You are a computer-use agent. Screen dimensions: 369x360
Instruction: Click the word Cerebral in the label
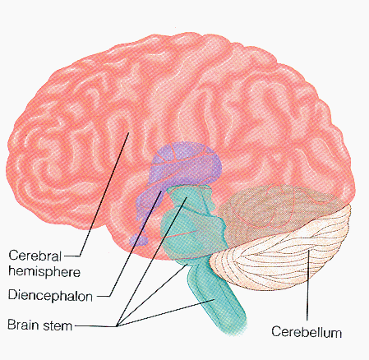pyautogui.click(x=35, y=256)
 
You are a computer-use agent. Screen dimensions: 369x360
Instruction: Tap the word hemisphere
pyautogui.click(x=44, y=271)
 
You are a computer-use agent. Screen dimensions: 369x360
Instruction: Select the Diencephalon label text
pyautogui.click(x=50, y=295)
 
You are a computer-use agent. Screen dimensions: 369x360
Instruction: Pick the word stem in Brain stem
pyautogui.click(x=58, y=325)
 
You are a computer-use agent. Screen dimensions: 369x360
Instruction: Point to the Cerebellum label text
pyautogui.click(x=307, y=331)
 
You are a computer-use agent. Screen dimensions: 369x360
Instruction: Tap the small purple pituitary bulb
pyautogui.click(x=139, y=239)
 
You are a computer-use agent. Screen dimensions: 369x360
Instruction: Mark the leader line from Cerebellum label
pyautogui.click(x=308, y=285)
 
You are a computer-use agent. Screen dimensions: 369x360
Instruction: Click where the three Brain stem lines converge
pyautogui.click(x=117, y=325)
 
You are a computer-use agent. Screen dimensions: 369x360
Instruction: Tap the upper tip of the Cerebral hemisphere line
pyautogui.click(x=129, y=133)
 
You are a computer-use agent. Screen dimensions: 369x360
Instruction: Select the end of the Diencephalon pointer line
pyautogui.click(x=161, y=191)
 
